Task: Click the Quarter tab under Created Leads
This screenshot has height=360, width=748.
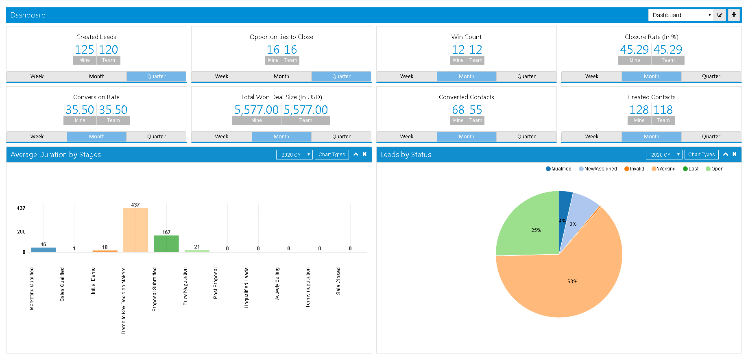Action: pyautogui.click(x=156, y=76)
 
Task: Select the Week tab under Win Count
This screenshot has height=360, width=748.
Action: pyautogui.click(x=406, y=76)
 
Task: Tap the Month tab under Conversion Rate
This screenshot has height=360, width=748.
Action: pyautogui.click(x=96, y=137)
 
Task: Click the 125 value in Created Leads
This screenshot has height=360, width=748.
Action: pyautogui.click(x=84, y=50)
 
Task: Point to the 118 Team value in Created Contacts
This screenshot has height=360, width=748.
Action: pyautogui.click(x=663, y=110)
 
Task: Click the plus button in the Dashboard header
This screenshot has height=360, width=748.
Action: pyautogui.click(x=734, y=15)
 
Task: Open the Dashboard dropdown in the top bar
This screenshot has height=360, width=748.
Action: pyautogui.click(x=681, y=15)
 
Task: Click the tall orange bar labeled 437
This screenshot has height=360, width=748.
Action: pyautogui.click(x=135, y=230)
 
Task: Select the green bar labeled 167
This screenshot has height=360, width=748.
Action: pyautogui.click(x=166, y=244)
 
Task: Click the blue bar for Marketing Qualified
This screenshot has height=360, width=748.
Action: pyautogui.click(x=44, y=250)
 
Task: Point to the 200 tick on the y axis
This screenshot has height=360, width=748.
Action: pyautogui.click(x=21, y=232)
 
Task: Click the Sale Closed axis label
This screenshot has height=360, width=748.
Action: pyautogui.click(x=338, y=281)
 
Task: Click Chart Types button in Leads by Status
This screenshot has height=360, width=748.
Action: pyautogui.click(x=701, y=155)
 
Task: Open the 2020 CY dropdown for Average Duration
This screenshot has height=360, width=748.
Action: pyautogui.click(x=294, y=155)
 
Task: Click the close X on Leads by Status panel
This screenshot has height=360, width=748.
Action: pyautogui.click(x=734, y=154)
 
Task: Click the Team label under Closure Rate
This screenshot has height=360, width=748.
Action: pyautogui.click(x=668, y=60)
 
